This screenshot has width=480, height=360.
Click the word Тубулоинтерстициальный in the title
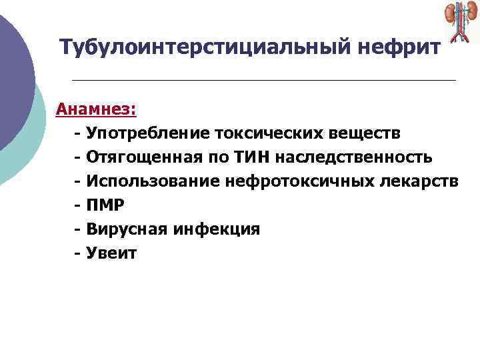(x=200, y=48)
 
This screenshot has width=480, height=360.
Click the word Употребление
(x=147, y=133)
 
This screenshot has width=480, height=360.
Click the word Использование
(x=147, y=181)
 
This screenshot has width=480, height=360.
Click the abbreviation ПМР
(x=105, y=205)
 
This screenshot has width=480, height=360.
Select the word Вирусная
(x=127, y=229)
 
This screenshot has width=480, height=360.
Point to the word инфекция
(x=217, y=229)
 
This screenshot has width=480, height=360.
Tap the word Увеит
(x=111, y=253)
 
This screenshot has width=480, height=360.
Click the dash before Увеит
(x=78, y=253)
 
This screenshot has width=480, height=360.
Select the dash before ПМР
(x=78, y=205)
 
